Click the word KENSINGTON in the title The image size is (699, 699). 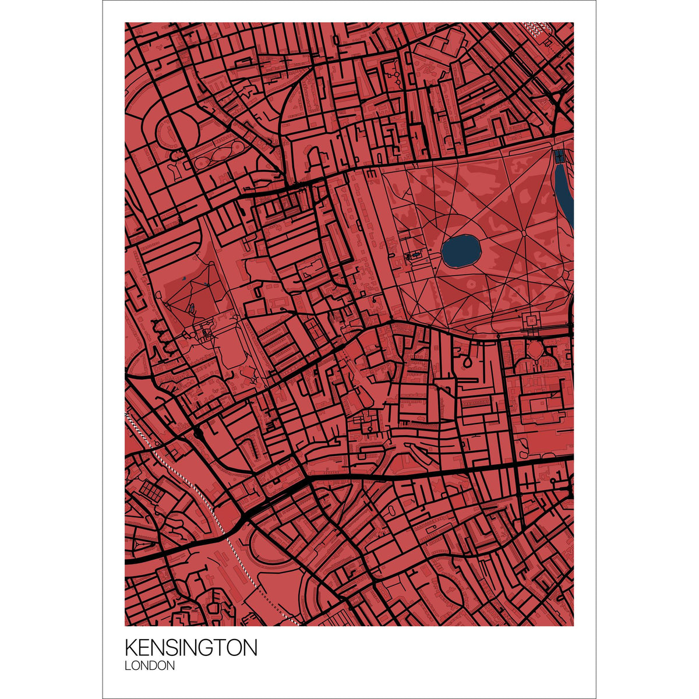click(190, 648)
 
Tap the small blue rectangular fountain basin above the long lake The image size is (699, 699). click(559, 156)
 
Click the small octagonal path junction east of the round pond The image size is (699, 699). click(524, 233)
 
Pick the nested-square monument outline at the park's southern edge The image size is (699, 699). click(532, 320)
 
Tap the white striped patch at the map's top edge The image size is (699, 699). click(536, 26)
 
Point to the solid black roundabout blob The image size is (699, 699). click(198, 433)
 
